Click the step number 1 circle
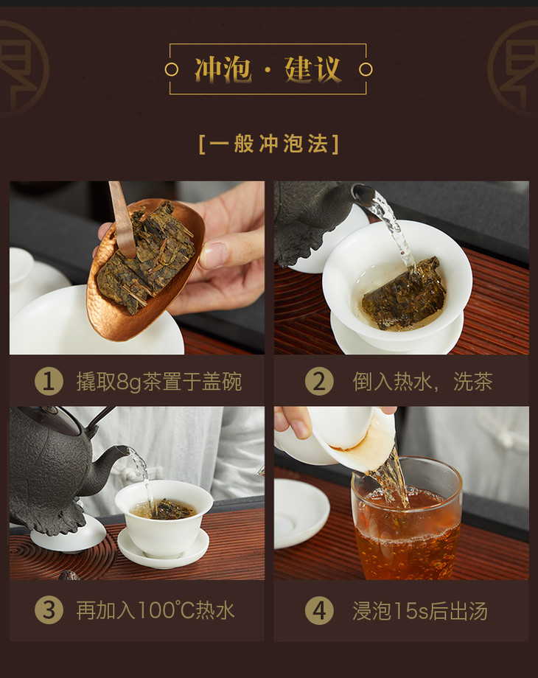tap(49, 382)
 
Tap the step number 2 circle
tap(319, 382)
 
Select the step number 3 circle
tap(49, 610)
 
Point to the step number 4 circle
tap(319, 610)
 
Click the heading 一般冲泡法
tap(268, 144)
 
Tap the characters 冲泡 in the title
tap(223, 69)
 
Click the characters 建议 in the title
tap(312, 69)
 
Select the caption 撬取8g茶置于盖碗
tap(158, 382)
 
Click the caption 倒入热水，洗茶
tap(422, 382)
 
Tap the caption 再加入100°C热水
tap(156, 610)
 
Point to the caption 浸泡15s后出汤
tap(420, 610)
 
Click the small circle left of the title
tap(172, 69)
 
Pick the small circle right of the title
tap(366, 69)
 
